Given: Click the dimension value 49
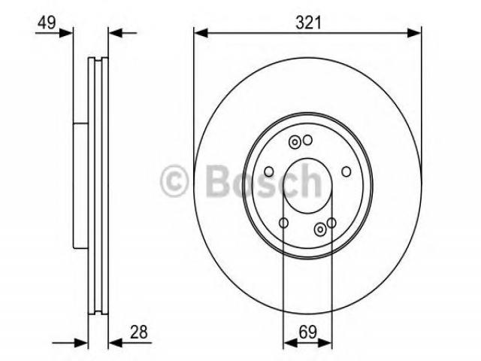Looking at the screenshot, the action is coord(47,23).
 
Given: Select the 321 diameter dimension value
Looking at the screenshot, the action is coord(308,23).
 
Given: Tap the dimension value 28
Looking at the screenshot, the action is coord(138,332).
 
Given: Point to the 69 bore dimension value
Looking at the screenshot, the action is coord(307,332).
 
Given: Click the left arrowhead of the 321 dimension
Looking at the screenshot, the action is coord(201,33).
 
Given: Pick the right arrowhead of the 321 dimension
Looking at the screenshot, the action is coord(414,33).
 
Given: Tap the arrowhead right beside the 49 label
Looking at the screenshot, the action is coord(66,33).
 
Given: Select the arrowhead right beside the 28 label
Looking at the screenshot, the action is coord(116,343).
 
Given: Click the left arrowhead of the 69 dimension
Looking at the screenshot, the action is coord(290,343).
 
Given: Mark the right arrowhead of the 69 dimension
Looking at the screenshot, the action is coord(325,343).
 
